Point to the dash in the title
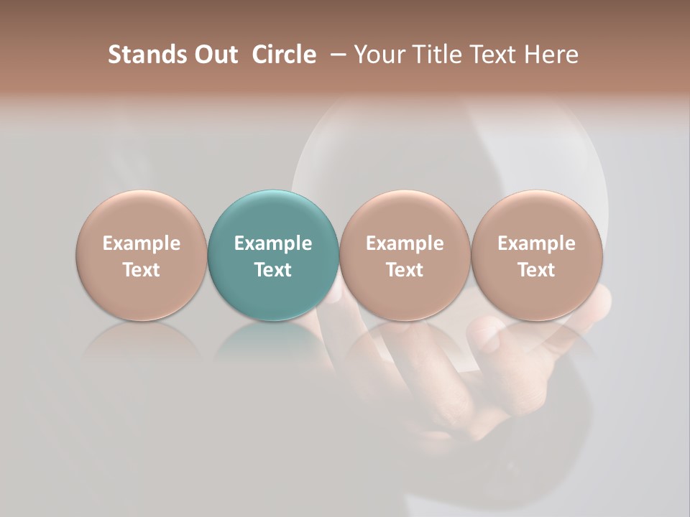335,55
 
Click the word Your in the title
378,55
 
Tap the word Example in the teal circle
273,243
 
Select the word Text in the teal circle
273,270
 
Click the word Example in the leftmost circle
142,243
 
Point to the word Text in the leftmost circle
142,270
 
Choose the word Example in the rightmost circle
536,243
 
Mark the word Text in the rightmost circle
536,270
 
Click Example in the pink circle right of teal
405,243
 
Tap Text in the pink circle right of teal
405,270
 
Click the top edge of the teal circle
273,192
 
